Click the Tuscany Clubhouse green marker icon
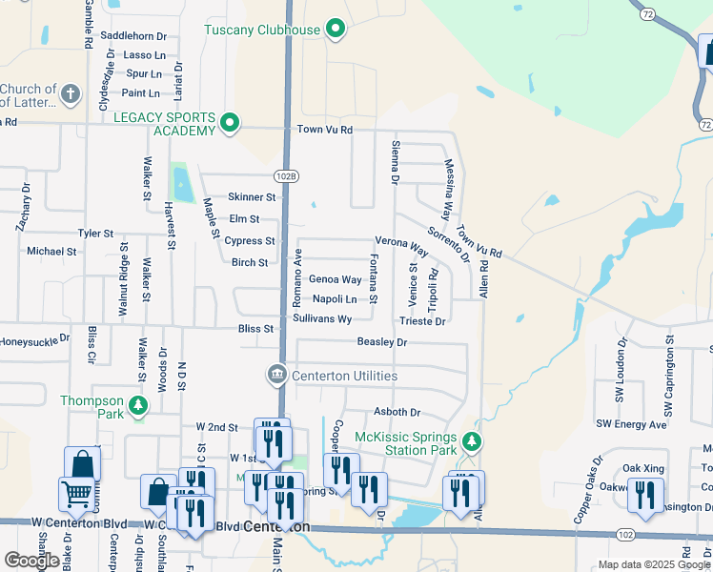click(335, 30)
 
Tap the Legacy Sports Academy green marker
click(229, 123)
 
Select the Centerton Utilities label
click(344, 377)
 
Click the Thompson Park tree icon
click(138, 407)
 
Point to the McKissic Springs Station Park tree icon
click(471, 442)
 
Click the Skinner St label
click(251, 197)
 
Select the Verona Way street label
click(401, 245)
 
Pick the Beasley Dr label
click(382, 342)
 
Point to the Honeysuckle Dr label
click(34, 338)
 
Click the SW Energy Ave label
click(631, 424)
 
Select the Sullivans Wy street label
click(322, 318)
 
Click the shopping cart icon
click(75, 493)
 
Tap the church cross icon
click(70, 94)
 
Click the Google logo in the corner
click(31, 561)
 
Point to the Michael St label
click(51, 252)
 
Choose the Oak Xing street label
click(643, 468)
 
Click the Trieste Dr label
click(425, 322)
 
